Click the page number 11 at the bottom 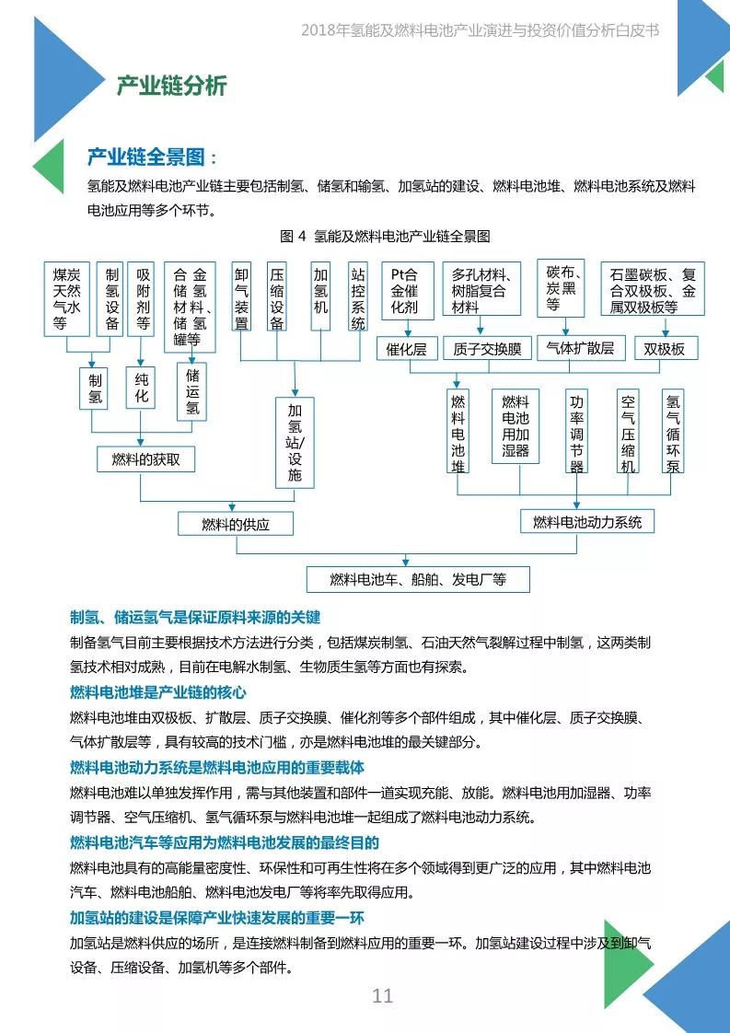pyautogui.click(x=382, y=996)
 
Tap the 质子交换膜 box pyautogui.click(x=487, y=348)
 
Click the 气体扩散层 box pyautogui.click(x=580, y=347)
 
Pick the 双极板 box pyautogui.click(x=664, y=348)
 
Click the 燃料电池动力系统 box pyautogui.click(x=586, y=522)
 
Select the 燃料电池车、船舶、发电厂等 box pyautogui.click(x=418, y=579)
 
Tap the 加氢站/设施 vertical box pyautogui.click(x=295, y=443)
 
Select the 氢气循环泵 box pyautogui.click(x=674, y=431)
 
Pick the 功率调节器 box pyautogui.click(x=577, y=431)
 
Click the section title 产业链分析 pyautogui.click(x=171, y=87)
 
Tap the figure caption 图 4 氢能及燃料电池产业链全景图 pyautogui.click(x=385, y=236)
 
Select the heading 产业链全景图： pyautogui.click(x=152, y=157)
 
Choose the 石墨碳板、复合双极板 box pyautogui.click(x=652, y=289)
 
